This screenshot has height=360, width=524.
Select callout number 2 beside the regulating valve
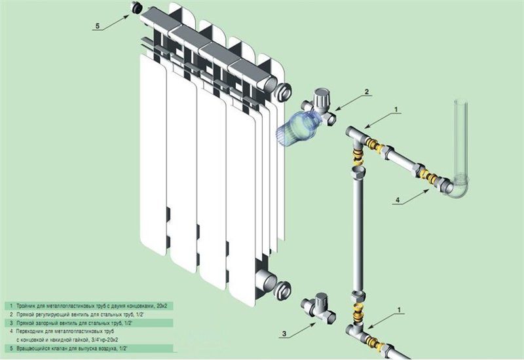pos(367,92)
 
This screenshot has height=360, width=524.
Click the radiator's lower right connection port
pos(283,287)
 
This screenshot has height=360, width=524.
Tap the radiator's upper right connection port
pos(284,90)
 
